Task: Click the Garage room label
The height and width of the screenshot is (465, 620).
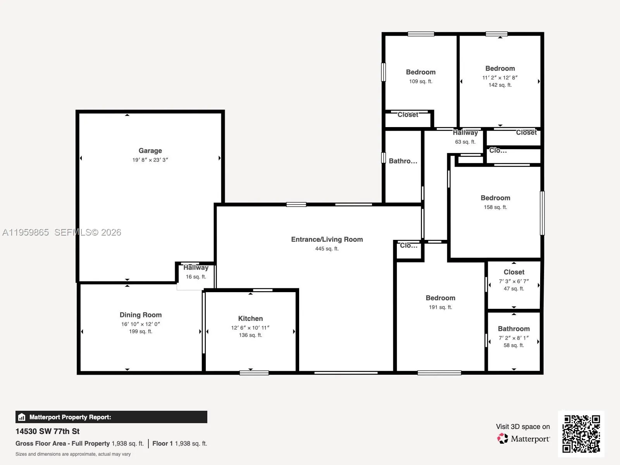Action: click(x=150, y=151)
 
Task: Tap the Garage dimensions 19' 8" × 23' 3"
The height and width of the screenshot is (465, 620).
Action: click(x=150, y=160)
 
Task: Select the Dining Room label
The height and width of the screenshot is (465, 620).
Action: click(x=140, y=315)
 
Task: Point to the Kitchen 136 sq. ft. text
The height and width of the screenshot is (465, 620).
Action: click(x=250, y=335)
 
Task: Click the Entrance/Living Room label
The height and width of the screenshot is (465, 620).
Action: click(x=327, y=239)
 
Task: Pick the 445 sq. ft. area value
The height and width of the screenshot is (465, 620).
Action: click(x=327, y=249)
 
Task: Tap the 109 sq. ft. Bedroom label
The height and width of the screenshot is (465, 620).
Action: click(x=420, y=72)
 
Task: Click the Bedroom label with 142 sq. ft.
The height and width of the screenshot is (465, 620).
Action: click(x=500, y=69)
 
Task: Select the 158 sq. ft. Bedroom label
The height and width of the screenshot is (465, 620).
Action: click(x=495, y=198)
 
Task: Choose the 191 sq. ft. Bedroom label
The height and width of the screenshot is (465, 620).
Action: click(x=440, y=298)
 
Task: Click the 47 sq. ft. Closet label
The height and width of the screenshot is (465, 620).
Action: click(x=514, y=272)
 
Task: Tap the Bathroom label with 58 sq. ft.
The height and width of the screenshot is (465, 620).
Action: click(x=513, y=329)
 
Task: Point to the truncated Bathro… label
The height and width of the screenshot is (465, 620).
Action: click(x=403, y=161)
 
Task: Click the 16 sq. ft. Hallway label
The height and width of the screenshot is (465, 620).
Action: click(x=196, y=268)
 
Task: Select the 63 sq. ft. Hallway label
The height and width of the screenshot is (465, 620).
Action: click(x=465, y=133)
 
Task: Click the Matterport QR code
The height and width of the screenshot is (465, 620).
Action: click(x=581, y=434)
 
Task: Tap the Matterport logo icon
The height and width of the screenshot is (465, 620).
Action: click(x=503, y=439)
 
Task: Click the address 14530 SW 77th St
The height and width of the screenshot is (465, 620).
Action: click(x=47, y=431)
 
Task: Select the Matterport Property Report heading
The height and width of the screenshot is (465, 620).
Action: click(x=70, y=417)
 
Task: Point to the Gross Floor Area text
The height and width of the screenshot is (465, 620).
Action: click(x=62, y=444)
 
